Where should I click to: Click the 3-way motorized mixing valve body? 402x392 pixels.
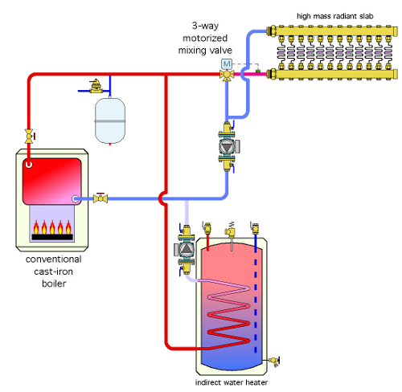point(227,75)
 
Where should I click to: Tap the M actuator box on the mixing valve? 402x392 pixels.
point(227,64)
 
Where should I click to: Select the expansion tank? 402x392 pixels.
point(110,120)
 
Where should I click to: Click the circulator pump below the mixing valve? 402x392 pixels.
point(228,146)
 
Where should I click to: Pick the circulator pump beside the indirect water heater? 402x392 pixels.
point(185,250)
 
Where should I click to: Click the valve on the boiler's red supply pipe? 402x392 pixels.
point(29,136)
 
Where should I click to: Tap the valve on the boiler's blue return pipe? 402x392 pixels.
point(100,198)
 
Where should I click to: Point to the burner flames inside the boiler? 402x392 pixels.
point(52,227)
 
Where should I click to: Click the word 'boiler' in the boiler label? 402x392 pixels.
point(54,284)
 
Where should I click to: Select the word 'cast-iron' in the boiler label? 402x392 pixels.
point(54,272)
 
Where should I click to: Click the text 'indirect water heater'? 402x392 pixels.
point(232,382)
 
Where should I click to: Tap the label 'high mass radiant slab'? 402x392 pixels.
point(335,16)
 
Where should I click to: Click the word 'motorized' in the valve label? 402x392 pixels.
point(205,38)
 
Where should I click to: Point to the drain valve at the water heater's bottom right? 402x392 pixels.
point(274,361)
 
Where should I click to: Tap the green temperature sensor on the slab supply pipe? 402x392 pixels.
point(258,71)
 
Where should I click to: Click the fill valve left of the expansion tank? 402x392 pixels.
point(96,86)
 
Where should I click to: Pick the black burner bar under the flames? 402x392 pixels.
point(52,237)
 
